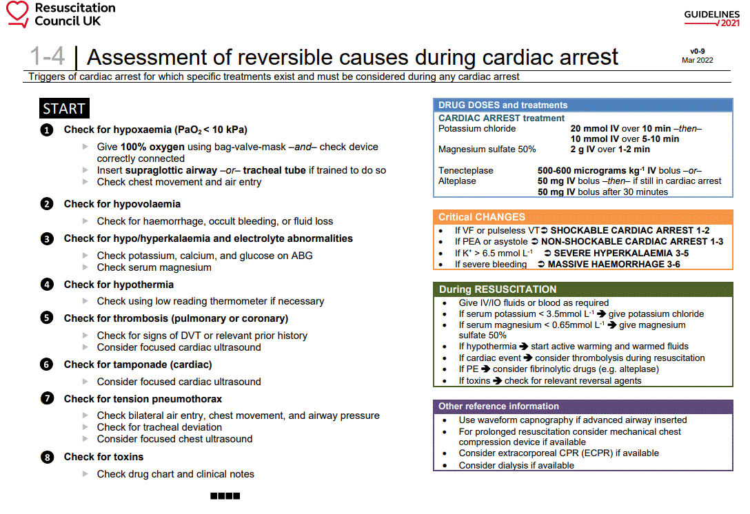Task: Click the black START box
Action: pos(64,109)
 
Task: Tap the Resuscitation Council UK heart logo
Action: pos(17,14)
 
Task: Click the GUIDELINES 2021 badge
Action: pos(711,19)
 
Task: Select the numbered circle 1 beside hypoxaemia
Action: pos(46,130)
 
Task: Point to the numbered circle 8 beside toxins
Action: pos(46,457)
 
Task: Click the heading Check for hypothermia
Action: pos(119,285)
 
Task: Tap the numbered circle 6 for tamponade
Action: pos(46,364)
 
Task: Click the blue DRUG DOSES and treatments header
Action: pos(503,105)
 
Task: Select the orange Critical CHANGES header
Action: pos(482,216)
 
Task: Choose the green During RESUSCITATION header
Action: pos(498,289)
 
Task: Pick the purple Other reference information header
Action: pos(498,407)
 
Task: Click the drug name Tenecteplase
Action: pos(466,171)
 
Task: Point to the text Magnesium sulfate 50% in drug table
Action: pos(487,150)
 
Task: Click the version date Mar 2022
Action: pos(697,61)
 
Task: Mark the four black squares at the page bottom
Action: pos(225,495)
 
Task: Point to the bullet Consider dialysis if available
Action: pos(516,465)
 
